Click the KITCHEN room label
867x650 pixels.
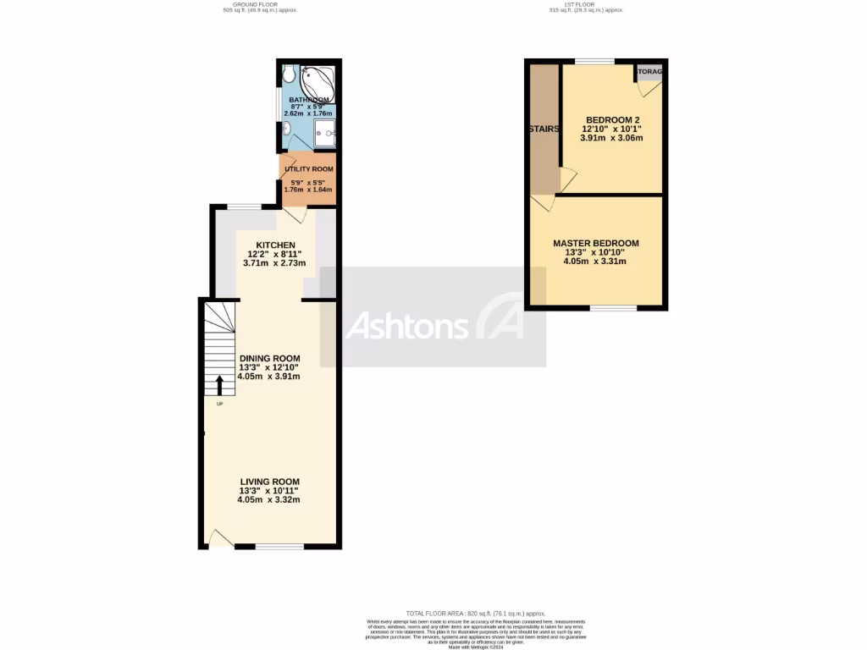click(270, 245)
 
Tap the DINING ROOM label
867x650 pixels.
click(269, 358)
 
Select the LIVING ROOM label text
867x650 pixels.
click(269, 482)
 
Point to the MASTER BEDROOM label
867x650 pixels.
click(596, 243)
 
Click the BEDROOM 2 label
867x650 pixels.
click(612, 118)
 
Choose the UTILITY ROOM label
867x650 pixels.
click(309, 169)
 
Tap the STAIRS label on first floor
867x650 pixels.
click(544, 129)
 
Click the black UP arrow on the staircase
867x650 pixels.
click(219, 386)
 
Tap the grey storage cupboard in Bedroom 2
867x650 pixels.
click(649, 73)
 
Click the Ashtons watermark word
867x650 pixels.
click(408, 326)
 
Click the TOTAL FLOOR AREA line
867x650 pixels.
click(475, 613)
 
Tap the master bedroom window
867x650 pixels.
click(613, 308)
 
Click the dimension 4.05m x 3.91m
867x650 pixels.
click(269, 377)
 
